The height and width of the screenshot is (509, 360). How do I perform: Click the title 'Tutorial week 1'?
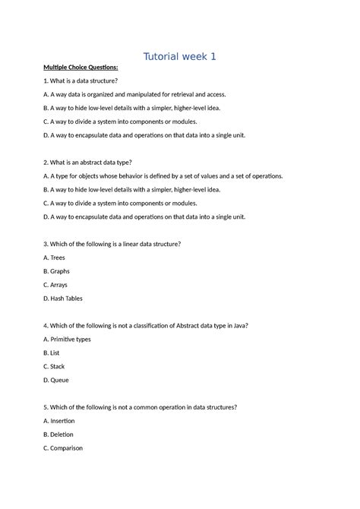coord(180,55)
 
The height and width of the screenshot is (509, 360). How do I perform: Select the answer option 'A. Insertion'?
coord(65,420)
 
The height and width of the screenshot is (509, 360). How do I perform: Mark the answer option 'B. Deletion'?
coord(64,434)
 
